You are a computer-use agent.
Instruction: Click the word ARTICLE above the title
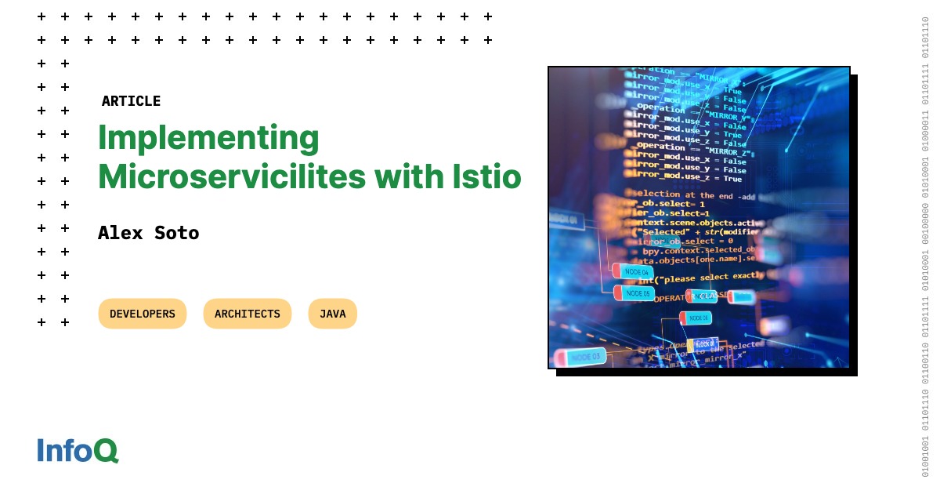pyautogui.click(x=131, y=101)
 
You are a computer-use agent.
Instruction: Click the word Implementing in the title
pyautogui.click(x=208, y=138)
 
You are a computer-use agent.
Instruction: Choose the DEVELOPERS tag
pyautogui.click(x=143, y=314)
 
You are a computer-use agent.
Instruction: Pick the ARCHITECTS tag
pyautogui.click(x=248, y=314)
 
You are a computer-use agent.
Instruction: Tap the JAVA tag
pyautogui.click(x=332, y=314)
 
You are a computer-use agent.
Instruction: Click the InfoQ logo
pyautogui.click(x=78, y=450)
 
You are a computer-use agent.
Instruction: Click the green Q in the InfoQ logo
pyautogui.click(x=106, y=450)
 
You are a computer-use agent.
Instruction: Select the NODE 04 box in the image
pyautogui.click(x=634, y=271)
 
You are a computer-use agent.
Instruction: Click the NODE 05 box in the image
pyautogui.click(x=635, y=293)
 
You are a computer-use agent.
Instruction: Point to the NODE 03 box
pyautogui.click(x=582, y=357)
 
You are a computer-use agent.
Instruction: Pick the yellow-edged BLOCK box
pyautogui.click(x=703, y=343)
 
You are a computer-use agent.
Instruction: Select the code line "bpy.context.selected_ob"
pyautogui.click(x=697, y=250)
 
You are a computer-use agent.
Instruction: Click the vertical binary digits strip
pyautogui.click(x=925, y=247)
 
